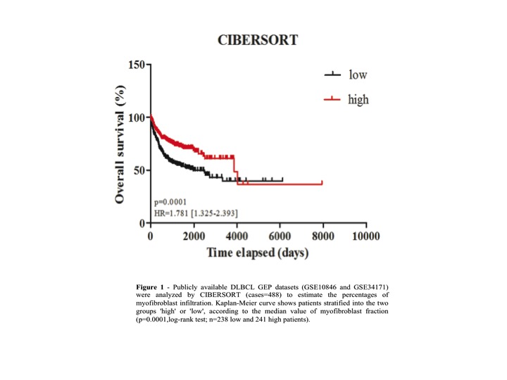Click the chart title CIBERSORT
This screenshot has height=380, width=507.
pyautogui.click(x=257, y=40)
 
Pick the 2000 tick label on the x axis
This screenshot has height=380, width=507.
pyautogui.click(x=193, y=236)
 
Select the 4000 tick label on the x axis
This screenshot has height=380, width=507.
pyautogui.click(x=237, y=236)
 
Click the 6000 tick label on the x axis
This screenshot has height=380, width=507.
pyautogui.click(x=280, y=236)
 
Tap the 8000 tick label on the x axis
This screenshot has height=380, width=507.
pyautogui.click(x=323, y=236)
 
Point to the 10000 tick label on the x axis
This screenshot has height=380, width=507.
pyautogui.click(x=366, y=236)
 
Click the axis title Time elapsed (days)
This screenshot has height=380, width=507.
pyautogui.click(x=257, y=252)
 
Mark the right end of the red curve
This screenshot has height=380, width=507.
pyautogui.click(x=322, y=183)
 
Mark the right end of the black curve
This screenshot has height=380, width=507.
pyautogui.click(x=282, y=180)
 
